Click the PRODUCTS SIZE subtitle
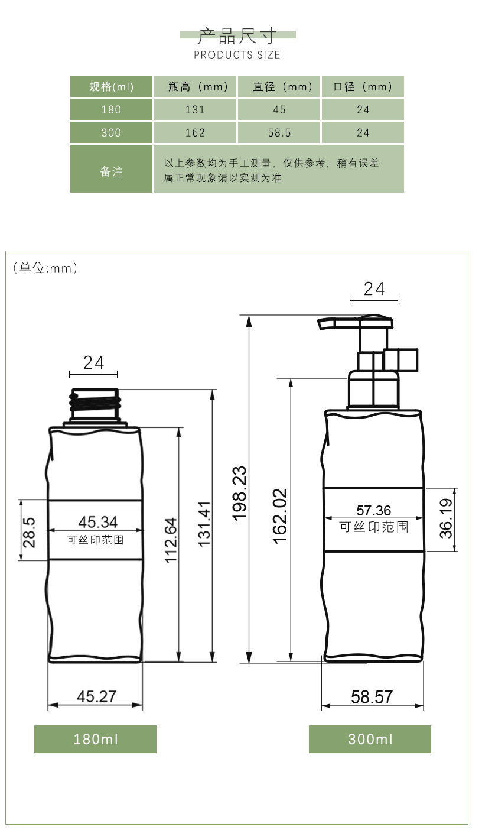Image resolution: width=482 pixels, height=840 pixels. click(237, 55)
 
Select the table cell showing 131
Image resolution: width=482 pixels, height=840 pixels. click(196, 110)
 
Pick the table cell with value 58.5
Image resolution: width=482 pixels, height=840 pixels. click(279, 133)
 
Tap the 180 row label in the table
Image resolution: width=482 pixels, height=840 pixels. click(111, 110)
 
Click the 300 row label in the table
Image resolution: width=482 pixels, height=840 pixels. click(111, 133)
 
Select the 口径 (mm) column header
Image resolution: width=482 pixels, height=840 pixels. click(363, 87)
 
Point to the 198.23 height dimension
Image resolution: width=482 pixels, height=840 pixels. click(239, 494)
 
